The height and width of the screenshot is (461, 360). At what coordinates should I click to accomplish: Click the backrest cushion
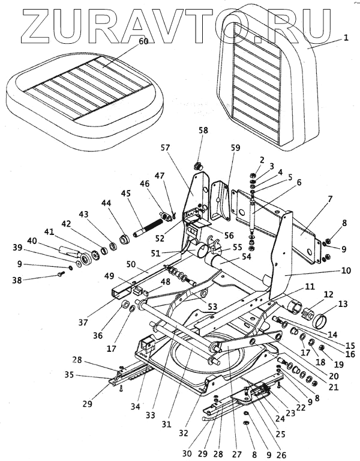point(264,90)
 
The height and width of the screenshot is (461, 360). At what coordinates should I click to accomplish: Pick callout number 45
point(125,193)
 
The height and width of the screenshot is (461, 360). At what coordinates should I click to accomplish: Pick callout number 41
point(48,231)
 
